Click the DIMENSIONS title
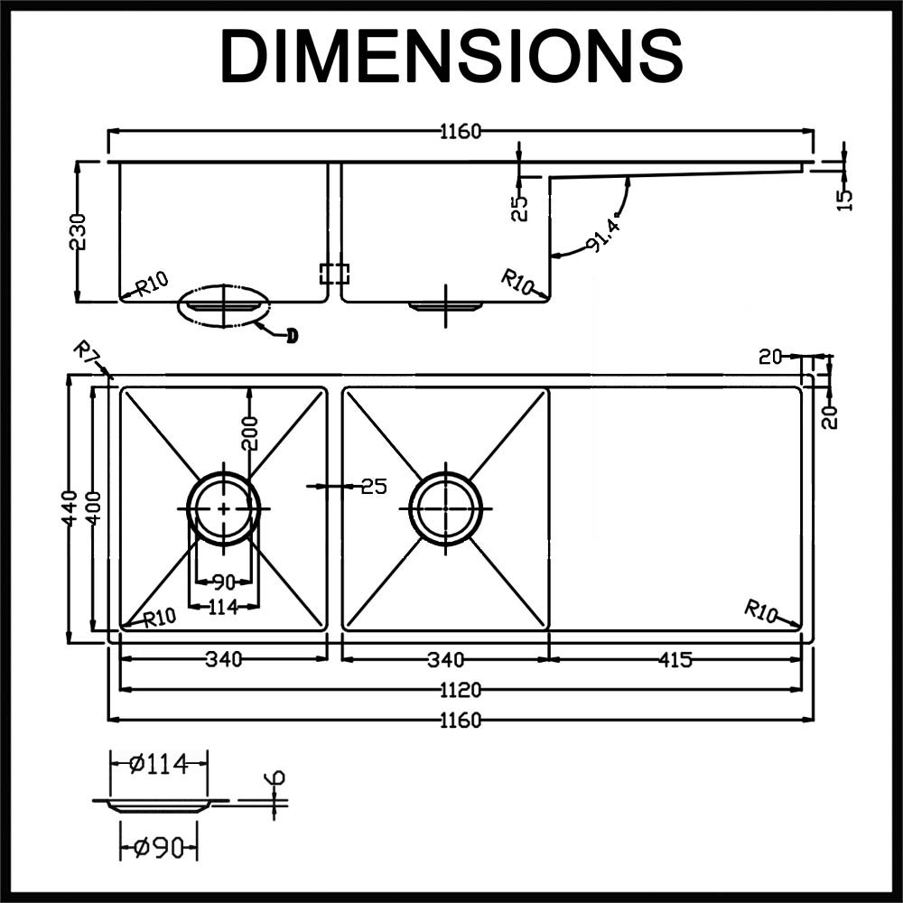[x=451, y=56]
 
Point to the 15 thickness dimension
[x=844, y=198]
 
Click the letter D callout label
[x=291, y=337]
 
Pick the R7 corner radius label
[x=87, y=351]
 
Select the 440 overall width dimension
[x=69, y=509]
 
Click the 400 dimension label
[x=93, y=509]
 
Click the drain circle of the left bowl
[x=223, y=508]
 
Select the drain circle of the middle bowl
[x=445, y=508]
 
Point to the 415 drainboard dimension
[x=675, y=660]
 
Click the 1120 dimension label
[x=461, y=691]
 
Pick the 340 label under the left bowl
[x=223, y=660]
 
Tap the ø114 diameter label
[x=158, y=765]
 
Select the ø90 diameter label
[x=158, y=848]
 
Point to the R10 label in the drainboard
[x=760, y=610]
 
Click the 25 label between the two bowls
[x=373, y=486]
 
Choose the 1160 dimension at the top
[x=461, y=132]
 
